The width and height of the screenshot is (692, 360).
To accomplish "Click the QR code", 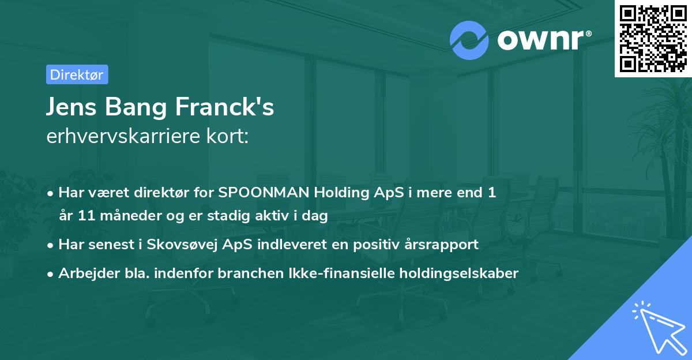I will [x=653, y=38].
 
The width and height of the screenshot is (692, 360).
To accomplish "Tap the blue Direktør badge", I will [x=77, y=74].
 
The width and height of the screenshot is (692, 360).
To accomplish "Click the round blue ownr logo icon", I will [x=469, y=40].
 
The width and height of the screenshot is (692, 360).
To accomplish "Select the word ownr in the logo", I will [x=540, y=40].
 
